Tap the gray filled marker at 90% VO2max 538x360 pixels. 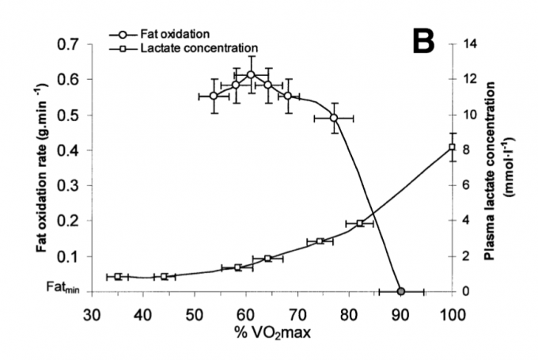pyautogui.click(x=401, y=291)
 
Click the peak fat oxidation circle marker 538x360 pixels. pyautogui.click(x=251, y=75)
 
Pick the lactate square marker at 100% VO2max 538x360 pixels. pyautogui.click(x=453, y=147)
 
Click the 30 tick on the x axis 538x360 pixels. pyautogui.click(x=92, y=311)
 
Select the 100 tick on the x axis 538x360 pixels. pyautogui.click(x=453, y=311)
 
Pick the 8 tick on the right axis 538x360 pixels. pyautogui.click(x=468, y=150)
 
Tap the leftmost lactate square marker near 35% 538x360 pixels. pyautogui.click(x=118, y=277)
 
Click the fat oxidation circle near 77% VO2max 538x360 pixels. pyautogui.click(x=334, y=117)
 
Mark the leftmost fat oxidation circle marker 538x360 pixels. pyautogui.click(x=214, y=96)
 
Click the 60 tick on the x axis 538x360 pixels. pyautogui.click(x=246, y=311)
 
